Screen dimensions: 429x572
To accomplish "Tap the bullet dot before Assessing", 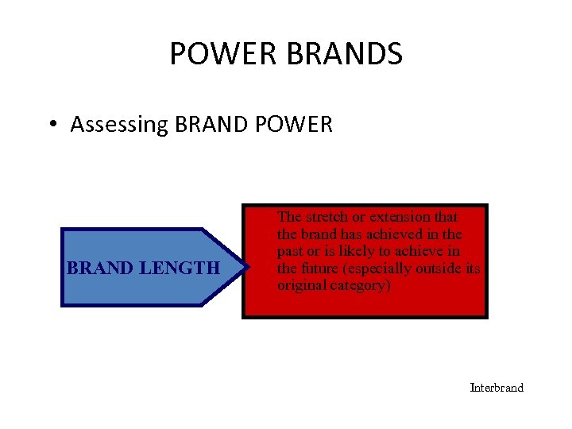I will coord(51,125).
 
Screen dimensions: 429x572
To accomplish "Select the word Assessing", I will coord(118,126).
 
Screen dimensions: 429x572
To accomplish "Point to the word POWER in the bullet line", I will coord(295,125).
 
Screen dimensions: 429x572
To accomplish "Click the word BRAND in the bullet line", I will coord(213,125).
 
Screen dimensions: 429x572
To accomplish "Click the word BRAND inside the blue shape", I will coord(100,269).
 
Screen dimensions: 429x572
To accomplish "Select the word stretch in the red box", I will coord(323,217).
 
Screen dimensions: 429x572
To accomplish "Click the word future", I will coord(321,269).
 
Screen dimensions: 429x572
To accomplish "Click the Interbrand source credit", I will coord(497,388).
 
